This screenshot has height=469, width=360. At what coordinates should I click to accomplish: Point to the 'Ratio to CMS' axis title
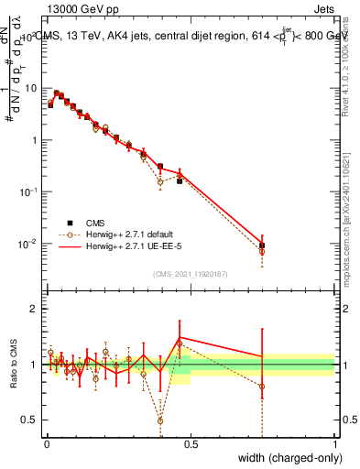[x=13, y=365]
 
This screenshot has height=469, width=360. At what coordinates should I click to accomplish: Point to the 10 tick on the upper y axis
[x=31, y=88]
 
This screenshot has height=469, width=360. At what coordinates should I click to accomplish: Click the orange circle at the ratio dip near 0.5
[x=160, y=421]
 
